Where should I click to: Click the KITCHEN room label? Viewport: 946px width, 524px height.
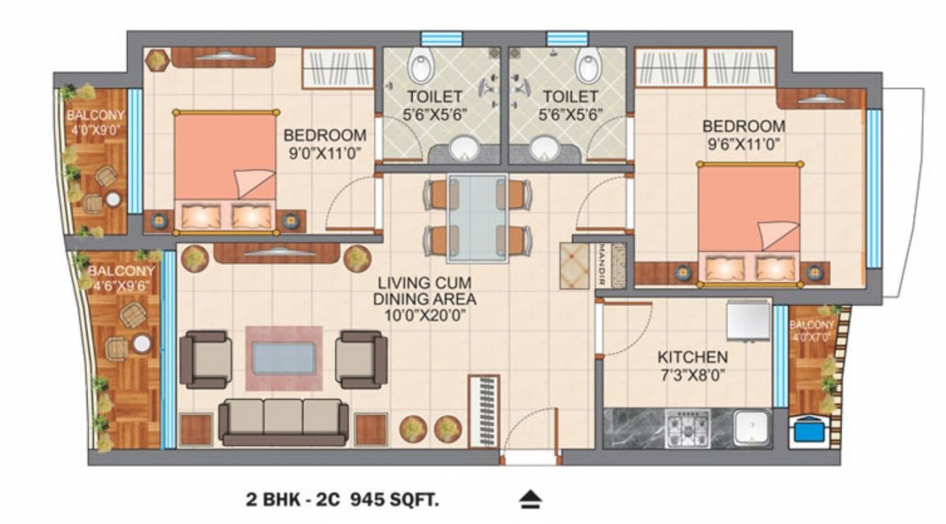click(x=692, y=357)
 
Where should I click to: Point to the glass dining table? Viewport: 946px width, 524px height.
click(x=477, y=218)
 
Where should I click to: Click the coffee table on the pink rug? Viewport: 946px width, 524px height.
click(x=284, y=358)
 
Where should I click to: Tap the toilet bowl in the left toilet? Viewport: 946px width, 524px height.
click(x=421, y=67)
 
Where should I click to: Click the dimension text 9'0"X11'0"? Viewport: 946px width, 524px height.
click(x=325, y=152)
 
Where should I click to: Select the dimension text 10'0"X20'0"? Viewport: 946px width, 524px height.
click(x=424, y=317)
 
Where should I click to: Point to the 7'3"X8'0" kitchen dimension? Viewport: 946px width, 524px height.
click(x=692, y=375)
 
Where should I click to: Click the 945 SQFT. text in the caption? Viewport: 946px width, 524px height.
click(x=395, y=500)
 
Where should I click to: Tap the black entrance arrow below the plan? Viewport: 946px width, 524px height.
click(x=529, y=501)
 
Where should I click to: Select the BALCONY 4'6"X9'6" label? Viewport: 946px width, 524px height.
click(x=121, y=279)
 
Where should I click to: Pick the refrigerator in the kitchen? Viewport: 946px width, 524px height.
click(x=748, y=321)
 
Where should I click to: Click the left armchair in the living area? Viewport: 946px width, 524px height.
click(x=205, y=360)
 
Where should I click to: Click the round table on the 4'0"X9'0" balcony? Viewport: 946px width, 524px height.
click(x=113, y=200)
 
